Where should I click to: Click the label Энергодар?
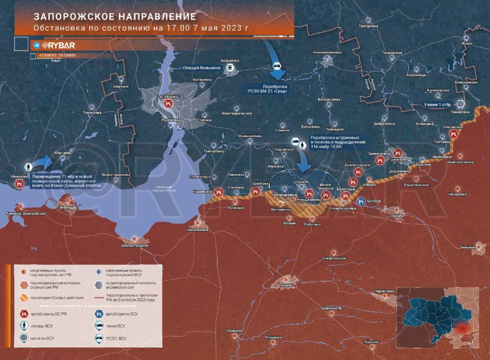coord(68,208)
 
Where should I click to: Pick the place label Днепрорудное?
coord(135,245)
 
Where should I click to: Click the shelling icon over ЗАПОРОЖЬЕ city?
coord(169,104)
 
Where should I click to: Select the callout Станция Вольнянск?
coord(201,68)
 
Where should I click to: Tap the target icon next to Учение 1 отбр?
coord(460,104)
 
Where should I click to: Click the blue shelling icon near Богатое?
coord(361,201)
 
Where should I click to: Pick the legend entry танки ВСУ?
coord(116,325)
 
